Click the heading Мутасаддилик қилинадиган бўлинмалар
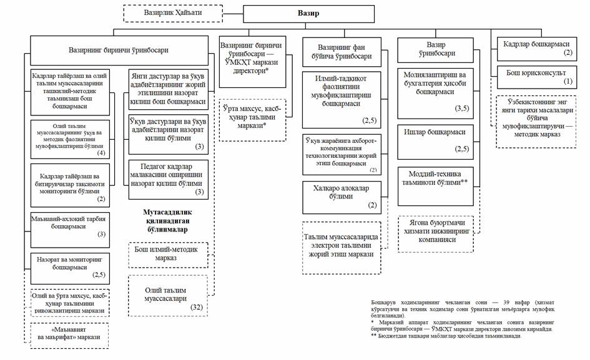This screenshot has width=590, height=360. coord(167,221)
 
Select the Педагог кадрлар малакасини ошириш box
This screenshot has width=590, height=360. coord(167,179)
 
